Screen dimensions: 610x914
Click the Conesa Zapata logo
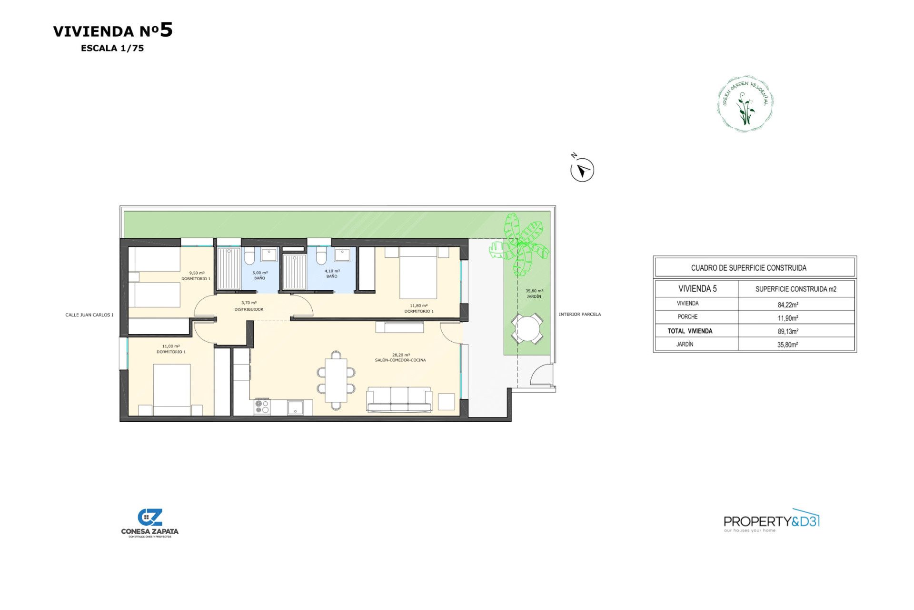pyautogui.click(x=149, y=523)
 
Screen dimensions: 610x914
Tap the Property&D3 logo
pyautogui.click(x=771, y=521)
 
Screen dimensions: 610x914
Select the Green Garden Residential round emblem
pyautogui.click(x=745, y=103)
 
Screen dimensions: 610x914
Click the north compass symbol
pyautogui.click(x=582, y=170)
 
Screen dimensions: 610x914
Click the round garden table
pyautogui.click(x=527, y=328)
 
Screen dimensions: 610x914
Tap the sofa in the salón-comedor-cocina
pyautogui.click(x=399, y=399)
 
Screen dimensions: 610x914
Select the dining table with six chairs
pyautogui.click(x=336, y=380)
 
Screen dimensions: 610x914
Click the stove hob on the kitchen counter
pyautogui.click(x=262, y=407)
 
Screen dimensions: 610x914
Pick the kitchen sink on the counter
pyautogui.click(x=295, y=407)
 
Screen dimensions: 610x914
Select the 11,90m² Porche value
pyautogui.click(x=788, y=318)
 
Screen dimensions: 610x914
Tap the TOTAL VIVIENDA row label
pyautogui.click(x=690, y=331)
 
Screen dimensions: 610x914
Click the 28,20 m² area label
pyautogui.click(x=401, y=355)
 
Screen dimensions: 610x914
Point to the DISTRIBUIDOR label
pyautogui.click(x=248, y=309)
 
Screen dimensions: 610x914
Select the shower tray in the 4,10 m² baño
pyautogui.click(x=295, y=272)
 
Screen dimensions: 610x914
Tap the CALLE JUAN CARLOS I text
pyautogui.click(x=89, y=315)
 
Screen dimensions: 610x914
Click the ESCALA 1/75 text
pyautogui.click(x=112, y=48)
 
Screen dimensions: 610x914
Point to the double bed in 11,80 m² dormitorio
pyautogui.click(x=418, y=273)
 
